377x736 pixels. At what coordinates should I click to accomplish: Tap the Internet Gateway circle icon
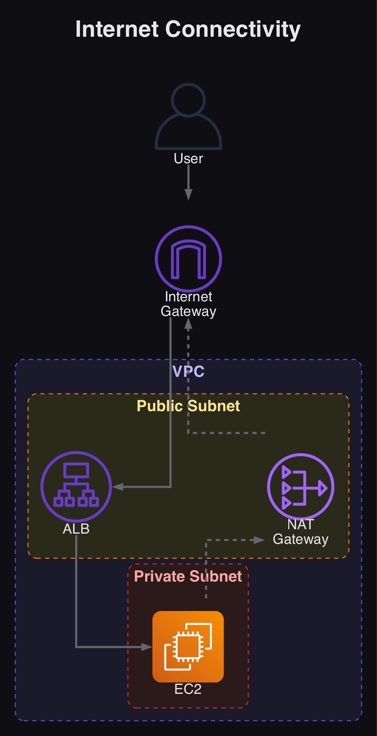tap(188, 259)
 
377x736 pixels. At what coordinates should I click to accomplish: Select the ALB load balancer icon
tap(76, 486)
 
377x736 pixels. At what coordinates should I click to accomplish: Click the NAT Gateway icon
tap(301, 487)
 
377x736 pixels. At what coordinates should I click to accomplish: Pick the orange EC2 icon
tap(188, 647)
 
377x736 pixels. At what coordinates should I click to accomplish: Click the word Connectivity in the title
tap(233, 29)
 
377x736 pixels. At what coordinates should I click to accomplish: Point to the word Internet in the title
tap(117, 29)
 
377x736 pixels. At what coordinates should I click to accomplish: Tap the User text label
tap(188, 158)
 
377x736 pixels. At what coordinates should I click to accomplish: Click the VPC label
tap(188, 371)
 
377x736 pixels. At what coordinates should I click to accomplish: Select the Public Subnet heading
tap(188, 406)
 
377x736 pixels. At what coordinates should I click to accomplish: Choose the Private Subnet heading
tap(188, 576)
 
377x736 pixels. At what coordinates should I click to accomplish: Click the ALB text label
tap(76, 529)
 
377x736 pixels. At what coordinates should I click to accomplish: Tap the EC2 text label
tap(188, 689)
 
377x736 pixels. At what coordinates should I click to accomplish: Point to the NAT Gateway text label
tap(301, 532)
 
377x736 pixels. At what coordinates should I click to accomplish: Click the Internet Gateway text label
tap(188, 304)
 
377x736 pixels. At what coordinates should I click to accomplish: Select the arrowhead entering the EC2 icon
tap(147, 647)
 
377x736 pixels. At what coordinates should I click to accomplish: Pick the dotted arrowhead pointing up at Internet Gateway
tap(188, 324)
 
